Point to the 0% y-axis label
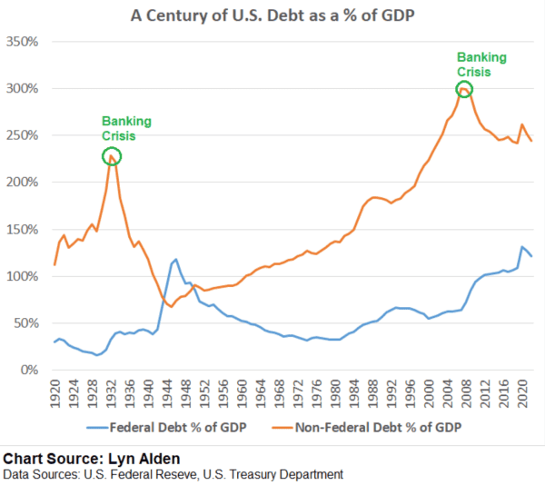(x=31, y=371)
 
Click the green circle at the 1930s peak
(x=112, y=156)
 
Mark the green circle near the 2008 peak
(x=464, y=89)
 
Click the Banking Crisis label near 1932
(x=126, y=129)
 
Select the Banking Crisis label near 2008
(x=481, y=64)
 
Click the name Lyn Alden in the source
(x=137, y=457)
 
